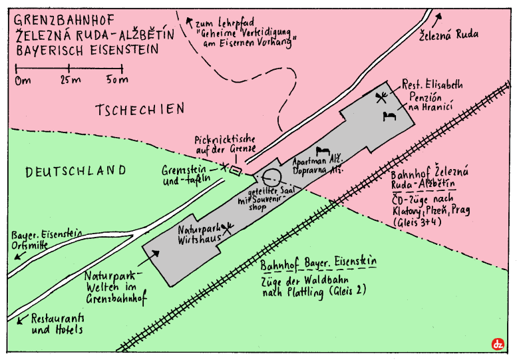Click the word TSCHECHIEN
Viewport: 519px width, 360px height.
point(139,110)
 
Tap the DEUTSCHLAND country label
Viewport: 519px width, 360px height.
point(76,171)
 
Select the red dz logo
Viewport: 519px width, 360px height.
point(497,344)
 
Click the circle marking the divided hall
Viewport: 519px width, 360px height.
point(269,178)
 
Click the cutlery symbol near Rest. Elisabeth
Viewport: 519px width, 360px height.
point(381,98)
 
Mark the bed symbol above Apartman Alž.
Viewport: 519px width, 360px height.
point(324,151)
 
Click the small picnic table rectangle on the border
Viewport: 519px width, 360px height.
point(236,171)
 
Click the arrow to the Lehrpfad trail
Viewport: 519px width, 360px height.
point(189,21)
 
